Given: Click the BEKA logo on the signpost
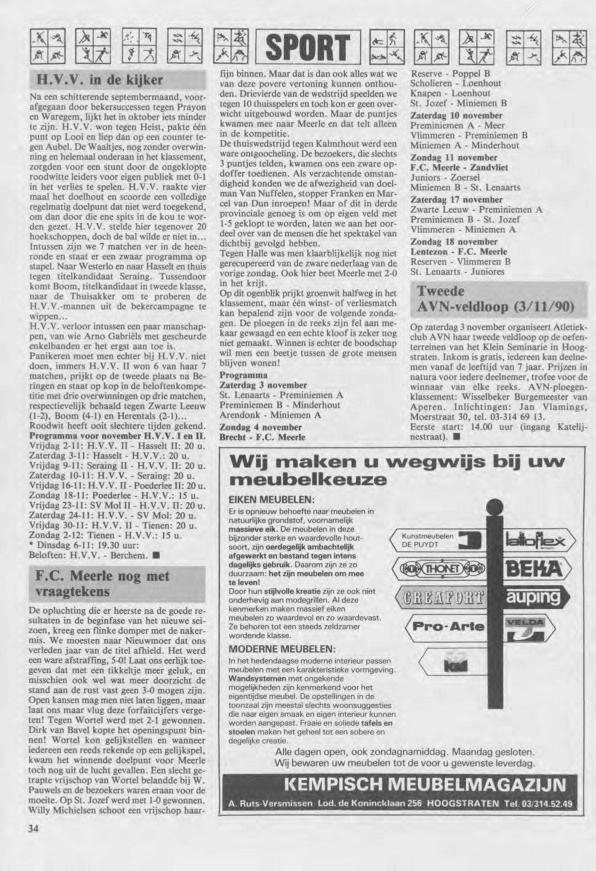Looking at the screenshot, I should tap(533, 569).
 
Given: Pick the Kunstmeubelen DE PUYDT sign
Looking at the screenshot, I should tap(435, 540).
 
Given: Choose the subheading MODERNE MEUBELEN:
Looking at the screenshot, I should tap(282, 649).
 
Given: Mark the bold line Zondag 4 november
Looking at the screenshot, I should tap(261, 427).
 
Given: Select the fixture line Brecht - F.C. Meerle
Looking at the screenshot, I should tap(262, 437).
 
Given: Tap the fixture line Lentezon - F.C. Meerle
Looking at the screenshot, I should tap(459, 252).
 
